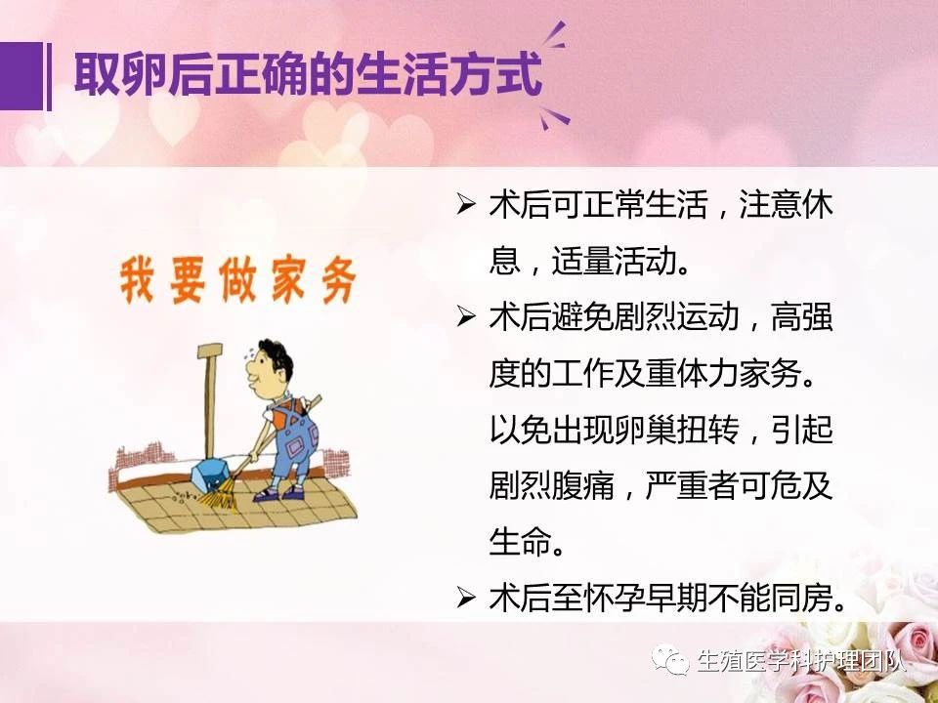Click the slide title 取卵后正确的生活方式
coord(308,76)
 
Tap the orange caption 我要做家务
coord(238,280)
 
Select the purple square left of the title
coord(21,76)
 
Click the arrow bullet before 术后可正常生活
coord(465,205)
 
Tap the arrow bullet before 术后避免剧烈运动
coord(465,316)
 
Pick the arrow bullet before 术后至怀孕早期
coord(465,598)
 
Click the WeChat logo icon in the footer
coord(671,659)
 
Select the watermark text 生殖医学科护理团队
coord(801,661)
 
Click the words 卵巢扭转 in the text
coord(678,430)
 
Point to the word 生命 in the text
coord(519,542)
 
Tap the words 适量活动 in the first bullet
coord(614,262)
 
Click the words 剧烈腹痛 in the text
coord(551,486)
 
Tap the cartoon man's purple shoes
coord(278,493)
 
